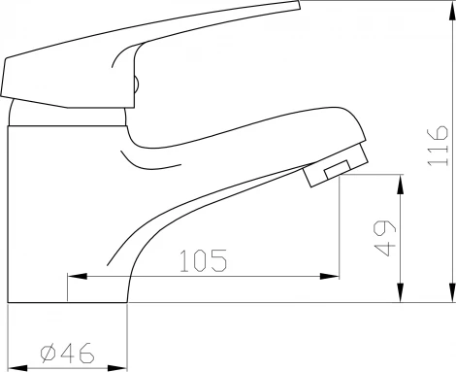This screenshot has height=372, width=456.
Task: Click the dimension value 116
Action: [x=438, y=146]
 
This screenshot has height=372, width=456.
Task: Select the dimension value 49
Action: [x=384, y=238]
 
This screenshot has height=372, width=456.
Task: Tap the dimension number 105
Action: [x=204, y=260]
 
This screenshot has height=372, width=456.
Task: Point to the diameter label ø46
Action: [x=68, y=353]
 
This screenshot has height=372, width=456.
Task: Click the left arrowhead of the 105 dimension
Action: [x=78, y=276]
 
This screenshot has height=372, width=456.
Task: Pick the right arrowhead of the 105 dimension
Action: [x=329, y=276]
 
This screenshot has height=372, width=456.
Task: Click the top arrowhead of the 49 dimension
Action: [x=401, y=185]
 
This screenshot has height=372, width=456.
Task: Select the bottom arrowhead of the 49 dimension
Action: [x=401, y=292]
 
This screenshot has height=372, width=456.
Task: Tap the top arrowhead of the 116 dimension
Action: [x=451, y=11]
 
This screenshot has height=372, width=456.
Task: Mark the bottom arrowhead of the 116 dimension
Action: [x=451, y=292]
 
